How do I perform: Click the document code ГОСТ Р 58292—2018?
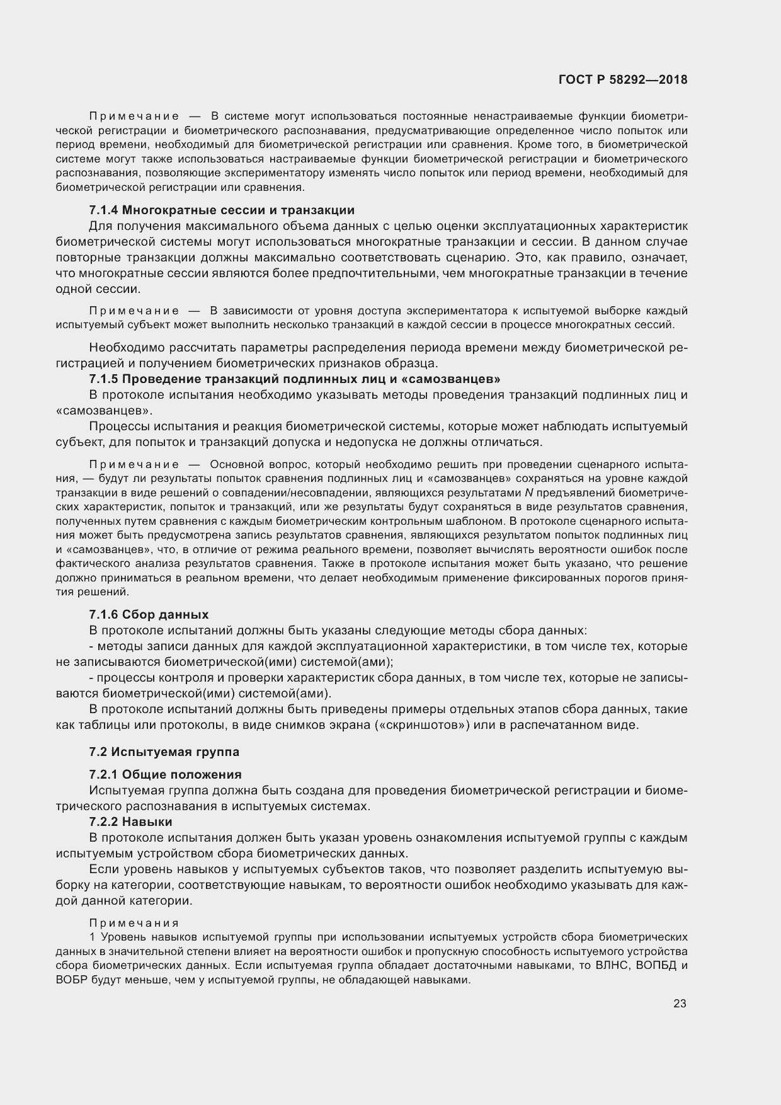622,80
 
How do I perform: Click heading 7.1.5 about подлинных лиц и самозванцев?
295,379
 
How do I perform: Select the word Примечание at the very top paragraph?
134,116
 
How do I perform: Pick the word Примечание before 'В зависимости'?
134,311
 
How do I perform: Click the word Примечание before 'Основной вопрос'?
134,464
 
